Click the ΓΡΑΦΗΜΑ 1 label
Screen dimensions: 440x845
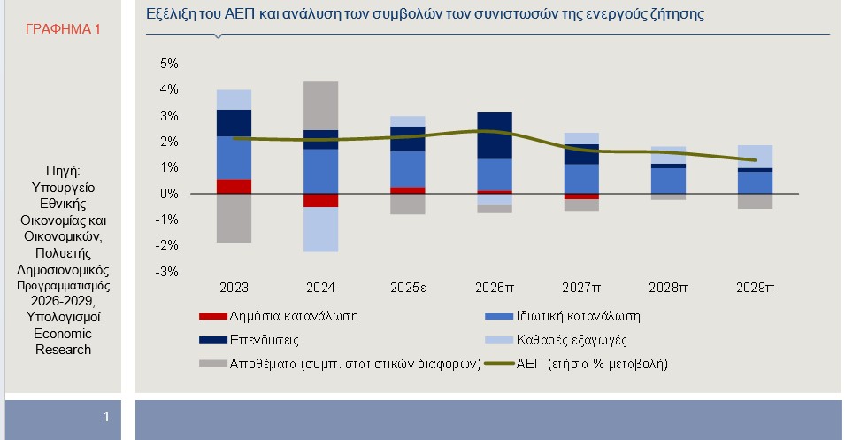coord(63,29)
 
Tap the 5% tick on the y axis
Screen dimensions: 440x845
coord(169,64)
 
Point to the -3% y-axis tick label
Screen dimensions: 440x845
coord(167,271)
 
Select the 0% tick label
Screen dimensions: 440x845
coord(169,193)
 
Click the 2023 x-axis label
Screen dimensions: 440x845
coord(234,288)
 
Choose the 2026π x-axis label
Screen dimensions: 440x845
coord(495,288)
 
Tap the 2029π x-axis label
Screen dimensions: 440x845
coord(756,288)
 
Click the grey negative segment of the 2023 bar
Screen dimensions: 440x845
coord(234,218)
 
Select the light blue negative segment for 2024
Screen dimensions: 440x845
coord(320,229)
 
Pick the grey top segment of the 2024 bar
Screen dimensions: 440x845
coord(320,105)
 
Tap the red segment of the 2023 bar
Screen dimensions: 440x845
coord(234,186)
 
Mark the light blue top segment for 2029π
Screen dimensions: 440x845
coord(756,156)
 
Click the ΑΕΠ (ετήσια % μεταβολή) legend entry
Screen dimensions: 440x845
coord(588,363)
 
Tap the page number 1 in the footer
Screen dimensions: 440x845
coord(106,415)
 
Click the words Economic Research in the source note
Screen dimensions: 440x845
coord(63,342)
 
